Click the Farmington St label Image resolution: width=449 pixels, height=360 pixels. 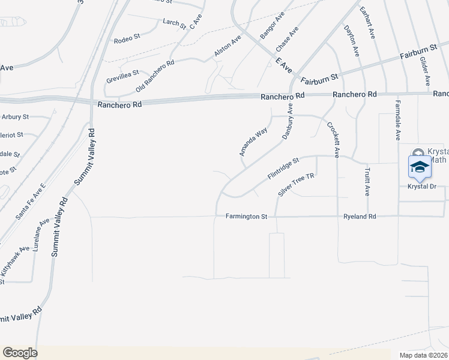[x=246, y=216]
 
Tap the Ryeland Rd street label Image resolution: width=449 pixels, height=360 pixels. [x=359, y=216]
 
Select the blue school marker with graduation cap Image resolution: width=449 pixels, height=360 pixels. [x=420, y=168]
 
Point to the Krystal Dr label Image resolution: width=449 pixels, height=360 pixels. [x=421, y=187]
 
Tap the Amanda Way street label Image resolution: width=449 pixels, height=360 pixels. [x=253, y=142]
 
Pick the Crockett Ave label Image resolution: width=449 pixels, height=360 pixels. [x=333, y=139]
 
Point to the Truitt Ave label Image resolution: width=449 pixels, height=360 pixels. [x=367, y=182]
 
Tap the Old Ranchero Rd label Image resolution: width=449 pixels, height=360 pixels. [x=155, y=76]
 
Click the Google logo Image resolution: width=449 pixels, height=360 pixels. [x=20, y=353]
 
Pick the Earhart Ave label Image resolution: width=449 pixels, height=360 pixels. [x=367, y=23]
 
